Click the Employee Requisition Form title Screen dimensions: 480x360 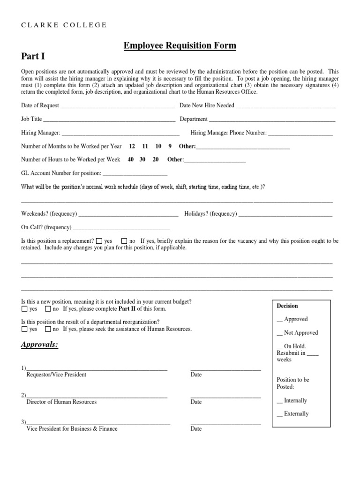180,45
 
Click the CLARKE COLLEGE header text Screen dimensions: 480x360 64,25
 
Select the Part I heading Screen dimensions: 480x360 33,57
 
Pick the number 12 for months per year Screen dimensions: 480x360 132,146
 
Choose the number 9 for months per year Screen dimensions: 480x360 170,146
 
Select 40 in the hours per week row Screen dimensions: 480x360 131,159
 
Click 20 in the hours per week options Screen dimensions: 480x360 156,159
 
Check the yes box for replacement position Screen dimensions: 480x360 99,241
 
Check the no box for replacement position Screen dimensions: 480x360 124,241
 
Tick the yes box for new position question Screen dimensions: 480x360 24,309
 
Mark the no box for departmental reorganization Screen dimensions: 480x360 48,329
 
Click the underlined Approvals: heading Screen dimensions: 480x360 40,345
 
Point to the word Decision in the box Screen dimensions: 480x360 287,306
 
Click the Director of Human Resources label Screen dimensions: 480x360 61,402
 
